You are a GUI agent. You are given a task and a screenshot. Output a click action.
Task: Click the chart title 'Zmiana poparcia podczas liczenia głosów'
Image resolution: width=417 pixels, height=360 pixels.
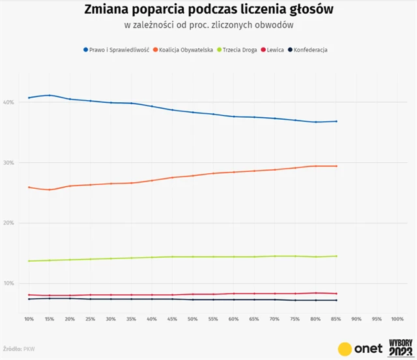coord(208,10)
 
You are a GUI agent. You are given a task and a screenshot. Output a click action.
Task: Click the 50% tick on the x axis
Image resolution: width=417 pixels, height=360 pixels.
coord(193,319)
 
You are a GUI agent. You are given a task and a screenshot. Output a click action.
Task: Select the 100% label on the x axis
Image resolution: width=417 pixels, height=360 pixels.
coord(397,319)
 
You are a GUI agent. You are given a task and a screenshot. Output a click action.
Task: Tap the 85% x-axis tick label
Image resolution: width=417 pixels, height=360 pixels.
coord(336,319)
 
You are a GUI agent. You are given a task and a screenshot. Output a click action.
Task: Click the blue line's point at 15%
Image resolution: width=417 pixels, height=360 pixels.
coord(50,95)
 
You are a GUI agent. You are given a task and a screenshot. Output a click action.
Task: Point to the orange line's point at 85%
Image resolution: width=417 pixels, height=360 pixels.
coord(336,166)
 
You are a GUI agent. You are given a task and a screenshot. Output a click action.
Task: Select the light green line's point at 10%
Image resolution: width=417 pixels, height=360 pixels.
coord(29,261)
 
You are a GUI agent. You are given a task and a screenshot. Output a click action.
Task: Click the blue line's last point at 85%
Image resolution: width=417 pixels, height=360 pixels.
coord(336,121)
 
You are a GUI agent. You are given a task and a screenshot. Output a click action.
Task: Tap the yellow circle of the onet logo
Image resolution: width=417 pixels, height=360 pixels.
coord(346,348)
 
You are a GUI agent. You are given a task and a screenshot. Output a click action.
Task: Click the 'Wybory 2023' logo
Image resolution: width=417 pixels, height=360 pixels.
coord(399,346)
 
